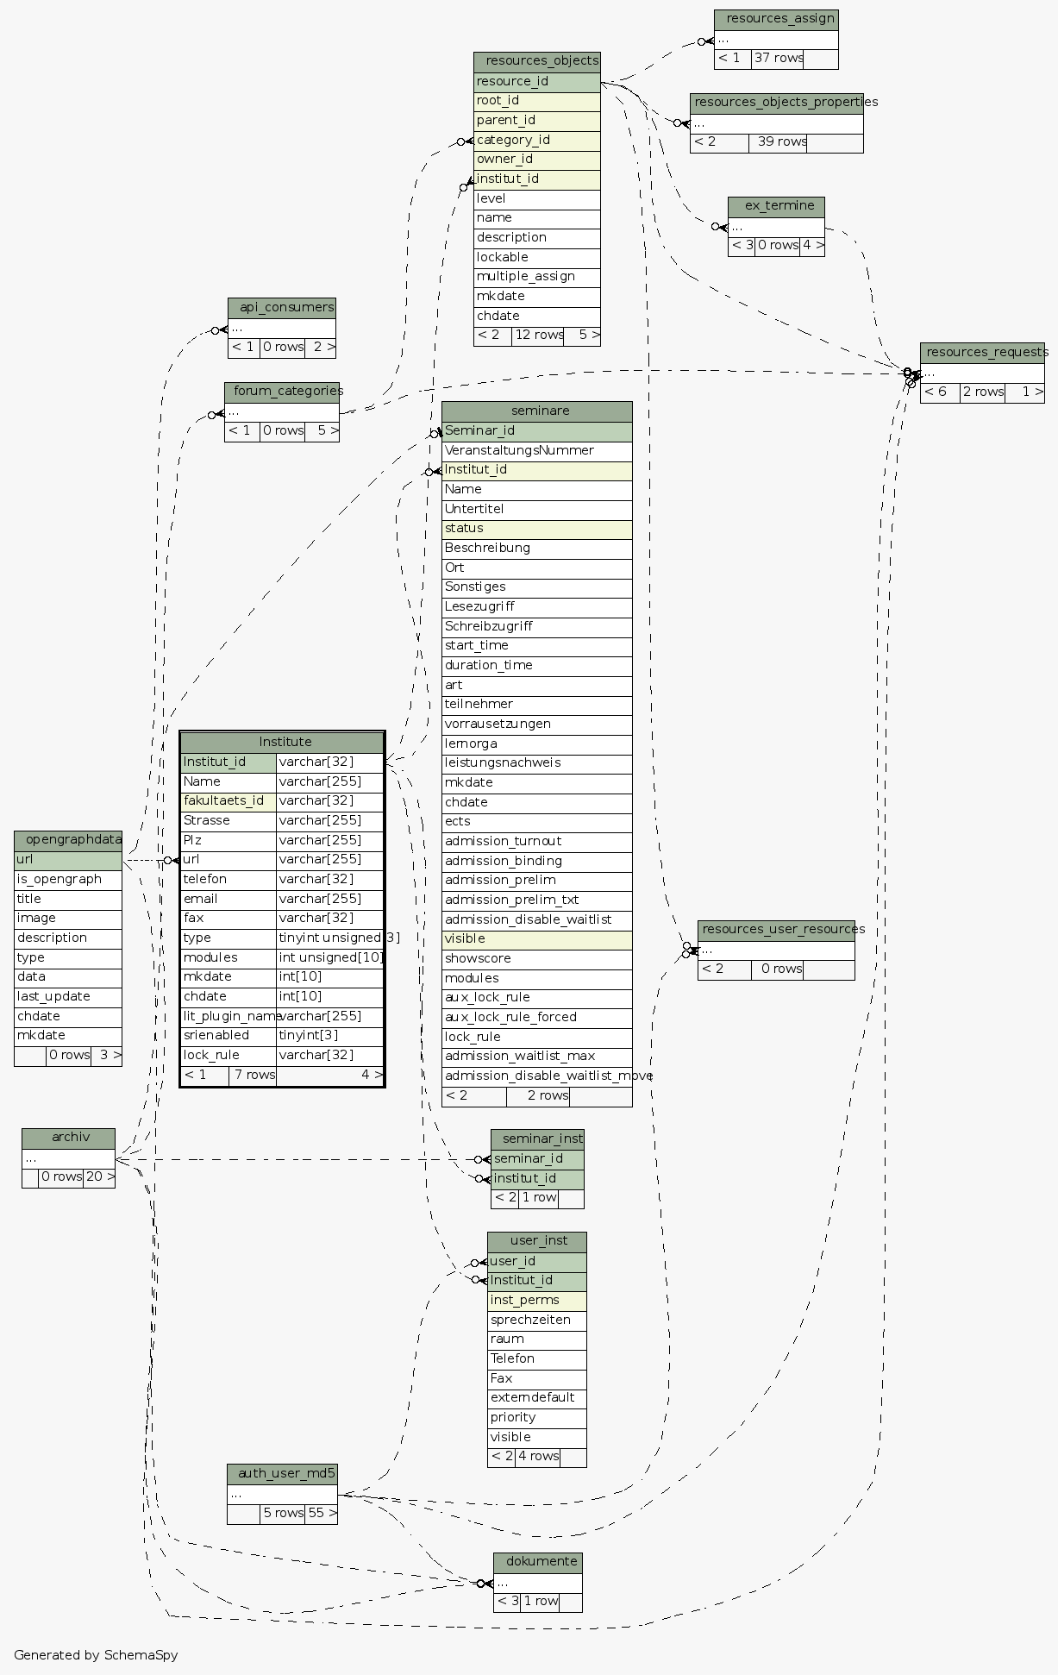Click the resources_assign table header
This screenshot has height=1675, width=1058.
pos(776,19)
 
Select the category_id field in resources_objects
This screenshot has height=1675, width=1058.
pos(536,140)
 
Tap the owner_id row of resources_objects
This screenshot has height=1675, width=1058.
pos(536,160)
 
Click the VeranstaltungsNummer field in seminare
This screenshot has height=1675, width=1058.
pos(536,450)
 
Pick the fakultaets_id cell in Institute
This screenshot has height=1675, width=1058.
pos(229,800)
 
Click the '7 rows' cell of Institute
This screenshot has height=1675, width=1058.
pos(253,1075)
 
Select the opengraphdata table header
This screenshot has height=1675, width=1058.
pos(68,840)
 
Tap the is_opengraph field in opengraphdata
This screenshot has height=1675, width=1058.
pos(68,879)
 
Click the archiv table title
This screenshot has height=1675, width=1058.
pos(68,1138)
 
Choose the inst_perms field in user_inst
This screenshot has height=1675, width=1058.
pos(536,1300)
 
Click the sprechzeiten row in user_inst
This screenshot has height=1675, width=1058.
pos(536,1320)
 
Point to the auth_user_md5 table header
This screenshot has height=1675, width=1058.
pos(282,1473)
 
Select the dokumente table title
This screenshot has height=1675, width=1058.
pos(538,1562)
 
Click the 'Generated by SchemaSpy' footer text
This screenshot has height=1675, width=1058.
pos(96,1655)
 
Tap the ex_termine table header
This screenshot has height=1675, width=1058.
pos(776,206)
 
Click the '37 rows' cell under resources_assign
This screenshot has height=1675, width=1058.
pos(778,59)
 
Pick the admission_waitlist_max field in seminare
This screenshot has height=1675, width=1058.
pos(536,1056)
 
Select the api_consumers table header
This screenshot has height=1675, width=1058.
pos(282,307)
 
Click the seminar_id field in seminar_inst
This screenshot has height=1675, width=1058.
pos(537,1158)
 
